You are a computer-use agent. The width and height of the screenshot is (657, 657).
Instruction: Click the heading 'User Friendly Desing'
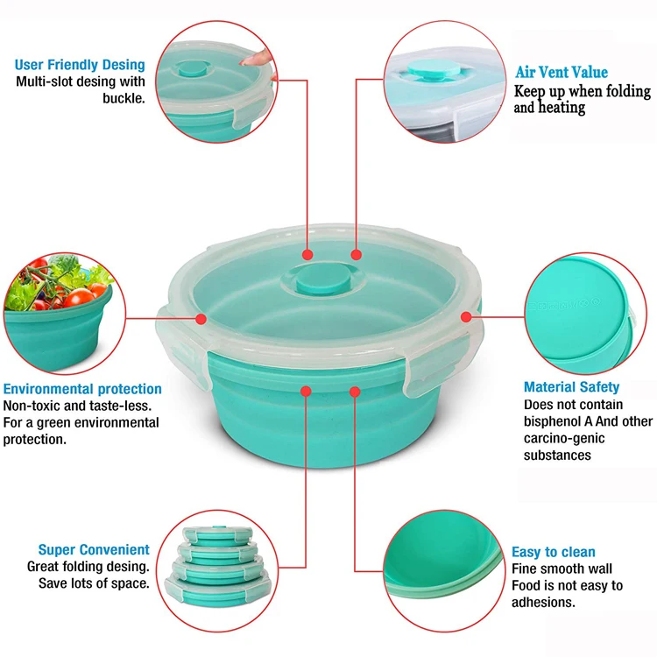pyautogui.click(x=80, y=65)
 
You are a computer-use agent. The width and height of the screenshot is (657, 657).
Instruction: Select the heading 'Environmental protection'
pyautogui.click(x=82, y=389)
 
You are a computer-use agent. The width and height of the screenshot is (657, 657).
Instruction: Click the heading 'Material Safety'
pyautogui.click(x=571, y=387)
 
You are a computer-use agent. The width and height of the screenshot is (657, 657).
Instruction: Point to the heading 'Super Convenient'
pyautogui.click(x=94, y=550)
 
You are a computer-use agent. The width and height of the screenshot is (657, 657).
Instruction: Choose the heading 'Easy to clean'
pyautogui.click(x=553, y=552)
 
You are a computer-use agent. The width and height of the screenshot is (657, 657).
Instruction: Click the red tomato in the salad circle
pyautogui.click(x=74, y=295)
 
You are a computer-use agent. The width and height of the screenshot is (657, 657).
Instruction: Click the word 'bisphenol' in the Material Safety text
pyautogui.click(x=554, y=421)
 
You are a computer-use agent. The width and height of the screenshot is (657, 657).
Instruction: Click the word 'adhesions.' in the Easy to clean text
pyautogui.click(x=543, y=602)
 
